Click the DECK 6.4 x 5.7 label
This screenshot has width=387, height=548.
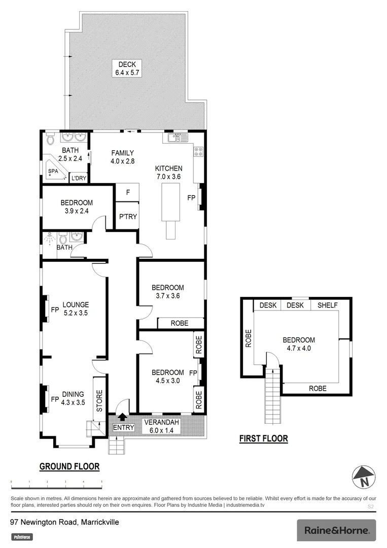point(128,68)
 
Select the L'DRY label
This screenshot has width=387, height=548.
point(79,178)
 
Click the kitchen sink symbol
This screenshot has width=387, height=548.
point(178,137)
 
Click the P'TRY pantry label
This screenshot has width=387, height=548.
point(127,217)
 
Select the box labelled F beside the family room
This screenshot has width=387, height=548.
point(127,192)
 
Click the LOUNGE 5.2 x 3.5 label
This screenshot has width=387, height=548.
point(76,309)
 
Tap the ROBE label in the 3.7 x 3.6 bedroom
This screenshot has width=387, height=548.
point(180,323)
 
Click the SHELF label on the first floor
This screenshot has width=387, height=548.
point(328,305)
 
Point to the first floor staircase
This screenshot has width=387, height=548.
point(272,396)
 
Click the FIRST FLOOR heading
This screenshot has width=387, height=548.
point(263,439)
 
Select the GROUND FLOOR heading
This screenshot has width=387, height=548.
point(69,466)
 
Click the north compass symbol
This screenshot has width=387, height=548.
point(363,477)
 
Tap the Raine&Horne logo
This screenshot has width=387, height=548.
point(336,530)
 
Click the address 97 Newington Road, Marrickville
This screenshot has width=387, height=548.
point(64,522)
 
